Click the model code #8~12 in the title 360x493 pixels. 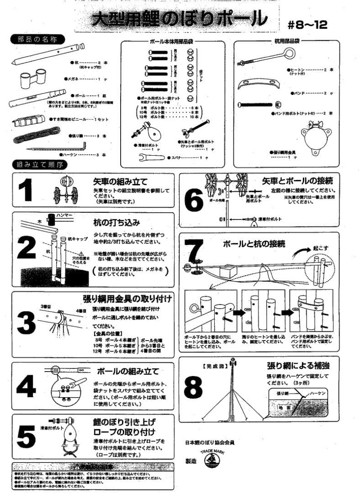[308, 24]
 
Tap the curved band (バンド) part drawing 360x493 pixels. [259, 85]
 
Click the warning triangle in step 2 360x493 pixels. [81, 253]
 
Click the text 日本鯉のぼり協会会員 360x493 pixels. [210, 442]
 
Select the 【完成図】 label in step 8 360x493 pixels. [212, 366]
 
